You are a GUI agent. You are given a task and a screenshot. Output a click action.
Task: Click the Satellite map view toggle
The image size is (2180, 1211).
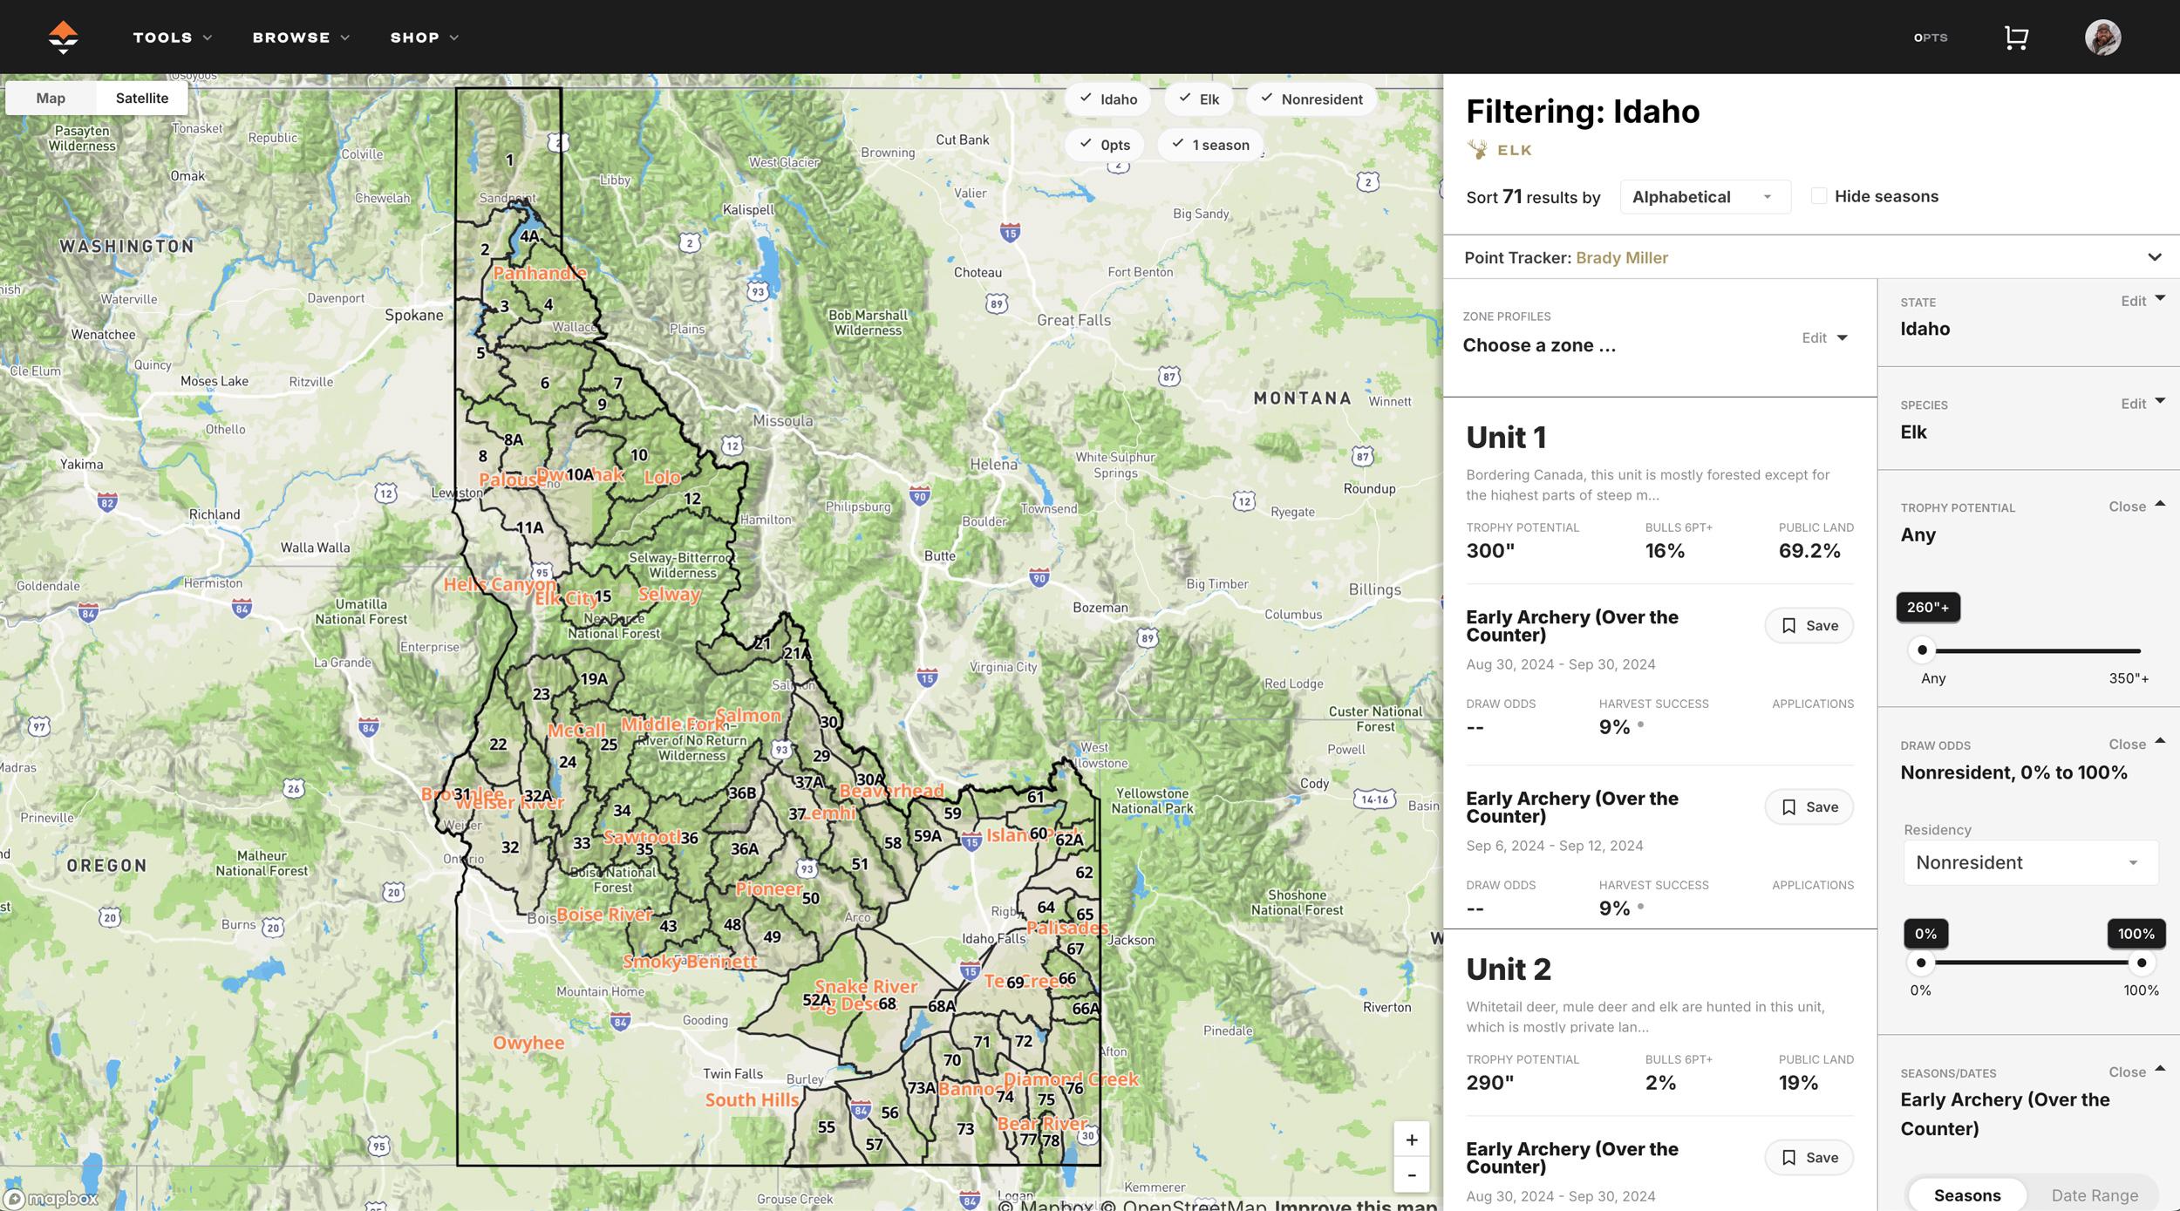point(141,98)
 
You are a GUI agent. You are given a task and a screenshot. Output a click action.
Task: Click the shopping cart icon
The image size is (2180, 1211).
point(2015,37)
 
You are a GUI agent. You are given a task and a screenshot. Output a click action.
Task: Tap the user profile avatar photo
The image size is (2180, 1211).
point(2102,37)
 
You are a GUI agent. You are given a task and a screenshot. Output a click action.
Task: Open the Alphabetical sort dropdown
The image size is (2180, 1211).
point(1704,197)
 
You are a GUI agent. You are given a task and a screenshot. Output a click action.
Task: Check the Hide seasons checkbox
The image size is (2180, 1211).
point(1819,196)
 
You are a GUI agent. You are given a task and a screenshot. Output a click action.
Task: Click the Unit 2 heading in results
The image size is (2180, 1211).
point(1508,969)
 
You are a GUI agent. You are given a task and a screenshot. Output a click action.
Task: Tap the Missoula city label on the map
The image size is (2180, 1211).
point(782,421)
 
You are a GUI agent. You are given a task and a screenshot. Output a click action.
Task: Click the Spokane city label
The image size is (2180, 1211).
point(413,315)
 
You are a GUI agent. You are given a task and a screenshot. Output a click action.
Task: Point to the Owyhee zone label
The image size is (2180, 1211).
point(528,1043)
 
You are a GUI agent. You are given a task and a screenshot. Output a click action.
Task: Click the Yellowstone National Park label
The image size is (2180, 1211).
point(1151,800)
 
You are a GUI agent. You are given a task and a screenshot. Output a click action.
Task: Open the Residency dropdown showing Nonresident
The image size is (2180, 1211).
point(2030,862)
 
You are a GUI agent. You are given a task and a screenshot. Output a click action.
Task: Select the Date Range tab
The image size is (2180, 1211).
point(2094,1195)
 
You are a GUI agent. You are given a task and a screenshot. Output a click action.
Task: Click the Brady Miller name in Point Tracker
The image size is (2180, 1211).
point(1621,258)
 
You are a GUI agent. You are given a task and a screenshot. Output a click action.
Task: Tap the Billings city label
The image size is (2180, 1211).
point(1374,589)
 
